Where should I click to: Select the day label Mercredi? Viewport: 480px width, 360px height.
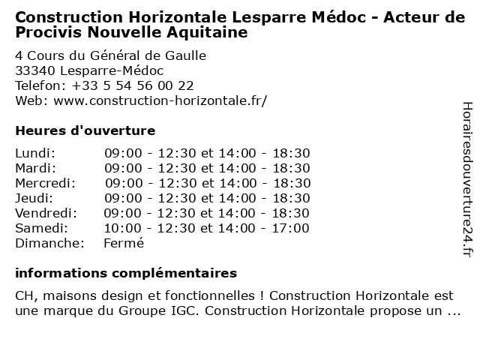coord(45,183)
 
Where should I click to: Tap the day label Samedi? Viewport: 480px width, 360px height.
coord(41,228)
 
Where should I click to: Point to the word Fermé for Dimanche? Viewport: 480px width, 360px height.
coord(123,243)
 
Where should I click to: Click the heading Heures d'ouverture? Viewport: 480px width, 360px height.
coord(85,130)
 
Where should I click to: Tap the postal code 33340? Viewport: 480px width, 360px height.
coord(34,70)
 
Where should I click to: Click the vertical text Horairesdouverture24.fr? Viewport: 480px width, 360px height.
coord(466,179)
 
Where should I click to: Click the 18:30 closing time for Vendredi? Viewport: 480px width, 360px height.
coord(291,213)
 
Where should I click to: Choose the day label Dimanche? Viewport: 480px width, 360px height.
coord(49,243)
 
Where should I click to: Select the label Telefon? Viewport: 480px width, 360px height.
coord(40,85)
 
